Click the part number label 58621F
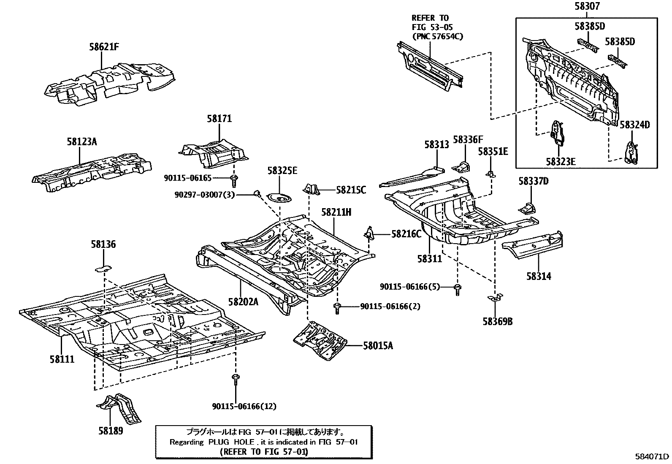(103, 47)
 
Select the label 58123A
(81, 142)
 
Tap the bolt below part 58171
(234, 181)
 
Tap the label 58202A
(243, 302)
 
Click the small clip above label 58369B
(494, 298)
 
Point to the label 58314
(539, 277)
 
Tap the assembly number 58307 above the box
(587, 7)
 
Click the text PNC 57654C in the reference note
(437, 36)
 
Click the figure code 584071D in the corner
(653, 457)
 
